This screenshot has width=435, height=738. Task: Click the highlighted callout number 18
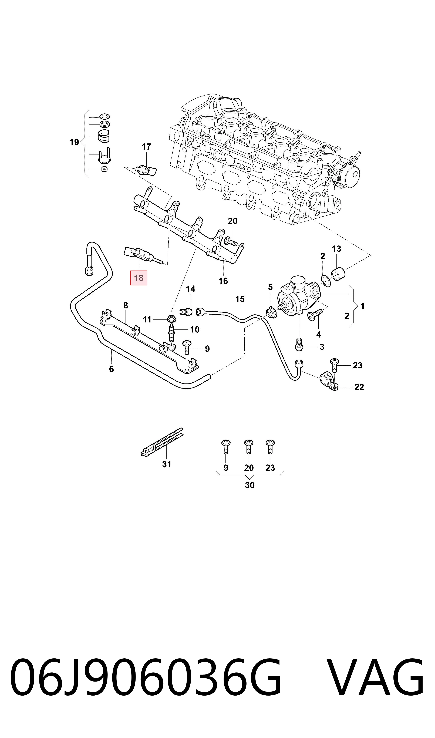[139, 278]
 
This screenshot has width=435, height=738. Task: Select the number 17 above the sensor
[146, 147]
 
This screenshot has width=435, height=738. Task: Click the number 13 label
[336, 249]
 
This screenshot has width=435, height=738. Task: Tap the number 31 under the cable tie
[167, 464]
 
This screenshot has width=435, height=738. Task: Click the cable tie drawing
[162, 442]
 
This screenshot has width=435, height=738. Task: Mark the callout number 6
[111, 369]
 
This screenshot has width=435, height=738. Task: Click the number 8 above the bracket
[126, 305]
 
